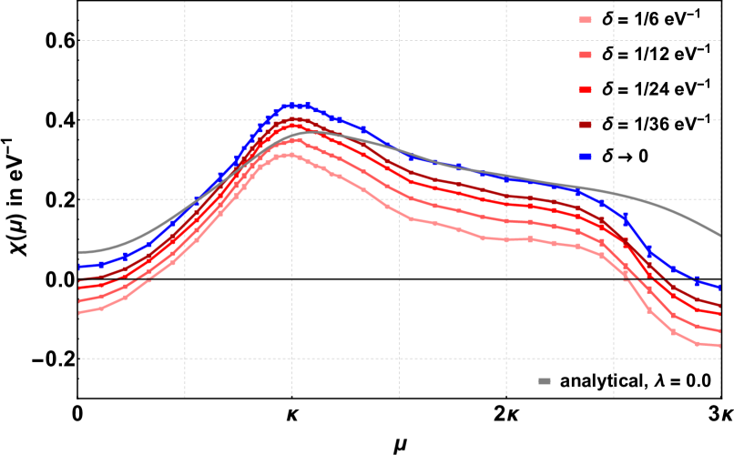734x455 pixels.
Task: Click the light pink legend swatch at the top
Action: pyautogui.click(x=585, y=20)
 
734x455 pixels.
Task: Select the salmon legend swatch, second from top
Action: pyautogui.click(x=585, y=55)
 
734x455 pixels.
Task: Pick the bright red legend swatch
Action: pyautogui.click(x=585, y=90)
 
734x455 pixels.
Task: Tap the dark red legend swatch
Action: pyautogui.click(x=585, y=125)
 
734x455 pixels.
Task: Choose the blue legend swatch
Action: pyautogui.click(x=585, y=157)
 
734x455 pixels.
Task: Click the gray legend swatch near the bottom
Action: pyautogui.click(x=545, y=381)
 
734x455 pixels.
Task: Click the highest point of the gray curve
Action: pyautogui.click(x=314, y=132)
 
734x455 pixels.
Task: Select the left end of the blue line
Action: pyautogui.click(x=80, y=267)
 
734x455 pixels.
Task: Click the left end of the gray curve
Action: pyautogui.click(x=80, y=252)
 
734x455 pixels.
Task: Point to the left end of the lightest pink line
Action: pyautogui.click(x=80, y=312)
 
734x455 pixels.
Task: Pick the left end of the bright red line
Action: pyautogui.click(x=80, y=288)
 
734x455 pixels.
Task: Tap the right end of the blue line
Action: pyautogui.click(x=720, y=288)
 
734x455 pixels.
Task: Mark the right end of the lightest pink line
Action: pyautogui.click(x=720, y=346)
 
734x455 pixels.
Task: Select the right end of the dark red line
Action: pyautogui.click(x=720, y=306)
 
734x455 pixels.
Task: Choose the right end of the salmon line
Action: pyautogui.click(x=720, y=331)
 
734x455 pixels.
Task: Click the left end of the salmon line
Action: pyautogui.click(x=80, y=301)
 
